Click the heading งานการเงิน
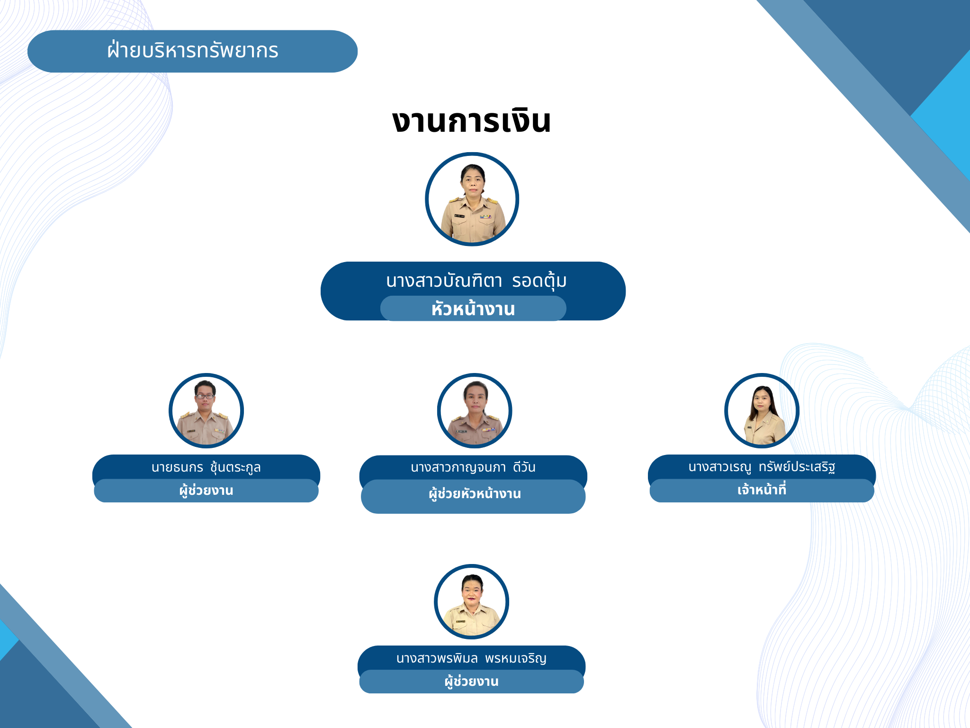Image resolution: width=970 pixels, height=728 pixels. [x=471, y=121]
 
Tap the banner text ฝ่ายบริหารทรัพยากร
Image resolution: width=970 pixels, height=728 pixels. [x=193, y=50]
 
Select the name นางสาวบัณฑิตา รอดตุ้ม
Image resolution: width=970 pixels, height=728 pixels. [x=476, y=281]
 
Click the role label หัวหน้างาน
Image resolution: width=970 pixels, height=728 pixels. [x=473, y=309]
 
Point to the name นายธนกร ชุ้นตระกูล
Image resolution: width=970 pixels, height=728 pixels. [x=206, y=467]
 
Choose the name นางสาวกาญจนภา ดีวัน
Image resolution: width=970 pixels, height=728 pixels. [x=473, y=467]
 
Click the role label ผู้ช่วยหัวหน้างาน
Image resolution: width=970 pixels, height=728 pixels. [x=475, y=494]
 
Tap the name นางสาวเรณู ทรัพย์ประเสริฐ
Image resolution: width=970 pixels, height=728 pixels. [x=762, y=467]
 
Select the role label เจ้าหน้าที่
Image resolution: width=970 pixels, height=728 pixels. [x=762, y=489]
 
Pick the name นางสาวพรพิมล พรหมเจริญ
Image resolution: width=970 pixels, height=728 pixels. [x=471, y=658]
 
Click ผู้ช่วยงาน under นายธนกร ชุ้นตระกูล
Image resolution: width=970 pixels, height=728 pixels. [x=206, y=490]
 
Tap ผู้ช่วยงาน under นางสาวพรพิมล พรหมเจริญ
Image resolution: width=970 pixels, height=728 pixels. [x=471, y=682]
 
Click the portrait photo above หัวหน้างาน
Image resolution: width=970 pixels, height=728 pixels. [x=472, y=199]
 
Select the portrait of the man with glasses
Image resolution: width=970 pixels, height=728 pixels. [x=206, y=410]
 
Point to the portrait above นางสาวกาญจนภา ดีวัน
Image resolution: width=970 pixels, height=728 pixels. [x=475, y=410]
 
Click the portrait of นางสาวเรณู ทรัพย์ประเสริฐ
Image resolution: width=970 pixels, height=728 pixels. [x=762, y=410]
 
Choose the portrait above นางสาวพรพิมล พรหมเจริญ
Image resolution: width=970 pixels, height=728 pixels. [x=471, y=601]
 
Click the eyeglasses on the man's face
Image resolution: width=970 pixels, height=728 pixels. [x=205, y=396]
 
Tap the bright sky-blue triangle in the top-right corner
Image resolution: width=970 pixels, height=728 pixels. [x=943, y=114]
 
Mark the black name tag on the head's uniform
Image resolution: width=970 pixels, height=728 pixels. [x=459, y=216]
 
